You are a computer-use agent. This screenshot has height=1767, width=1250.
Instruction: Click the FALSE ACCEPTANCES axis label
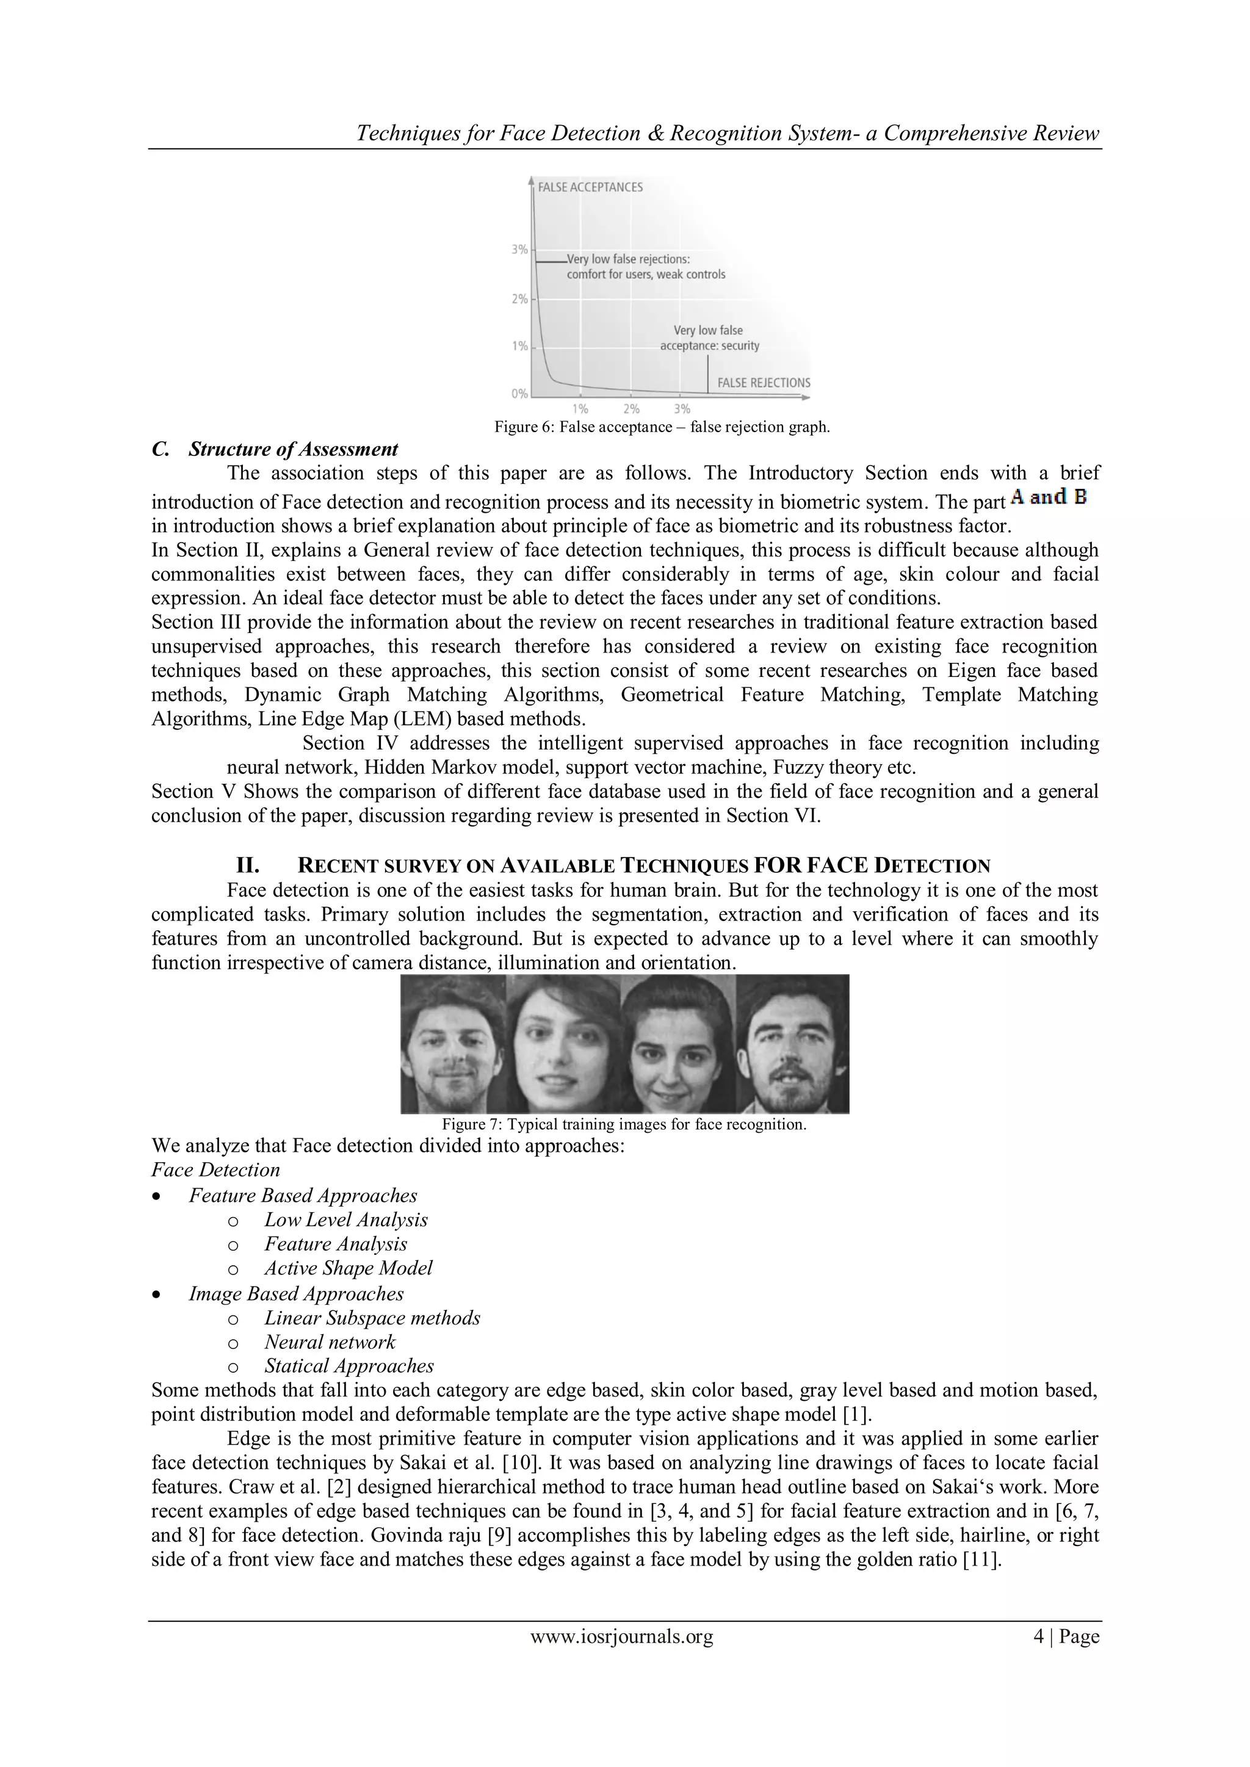(590, 187)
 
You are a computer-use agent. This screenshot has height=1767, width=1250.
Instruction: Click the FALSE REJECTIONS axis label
(763, 383)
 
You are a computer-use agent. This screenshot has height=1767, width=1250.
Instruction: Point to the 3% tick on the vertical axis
(520, 250)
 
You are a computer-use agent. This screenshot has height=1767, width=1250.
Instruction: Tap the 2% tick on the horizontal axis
(631, 409)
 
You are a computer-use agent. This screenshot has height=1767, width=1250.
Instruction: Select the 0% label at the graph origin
(519, 394)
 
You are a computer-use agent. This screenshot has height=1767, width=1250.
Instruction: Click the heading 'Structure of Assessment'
(292, 449)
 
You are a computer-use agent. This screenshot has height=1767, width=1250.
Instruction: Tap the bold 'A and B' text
(1049, 497)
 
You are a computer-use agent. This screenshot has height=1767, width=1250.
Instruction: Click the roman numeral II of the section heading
(247, 865)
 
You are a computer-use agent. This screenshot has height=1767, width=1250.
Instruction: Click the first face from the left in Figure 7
(453, 1044)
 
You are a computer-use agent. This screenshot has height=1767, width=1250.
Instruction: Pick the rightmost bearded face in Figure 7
(793, 1044)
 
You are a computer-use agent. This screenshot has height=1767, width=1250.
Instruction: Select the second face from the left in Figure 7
(563, 1044)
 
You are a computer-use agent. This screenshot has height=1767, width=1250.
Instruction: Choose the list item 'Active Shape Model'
(348, 1268)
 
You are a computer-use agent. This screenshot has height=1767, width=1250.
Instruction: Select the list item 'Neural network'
(330, 1342)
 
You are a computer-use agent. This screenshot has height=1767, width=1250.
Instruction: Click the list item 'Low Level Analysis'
(345, 1220)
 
